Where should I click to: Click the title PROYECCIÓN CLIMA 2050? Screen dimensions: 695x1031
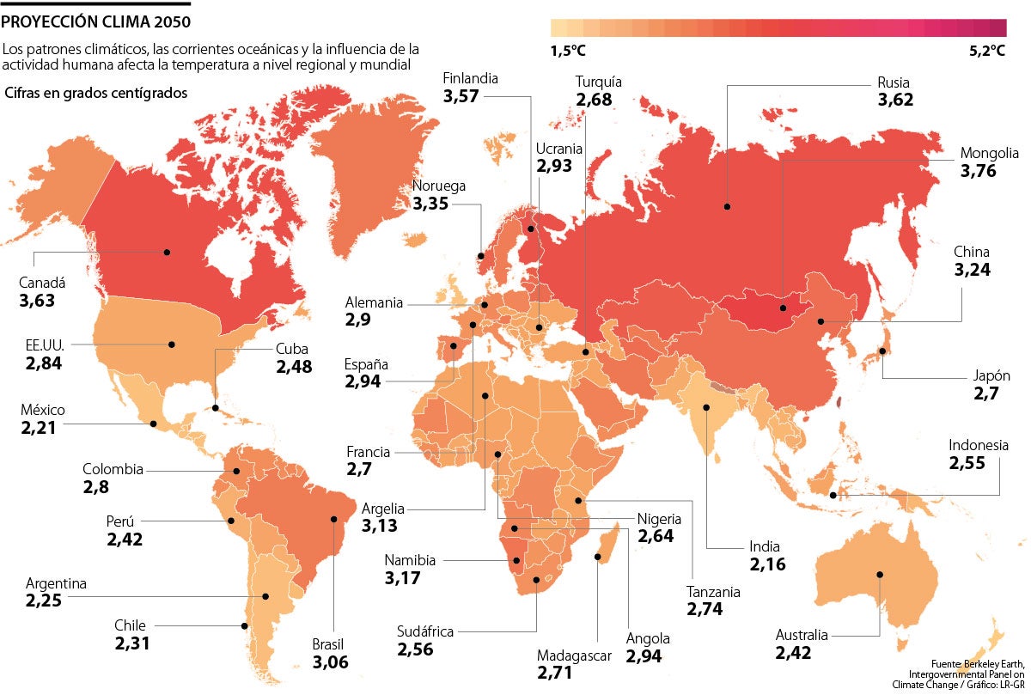click(x=97, y=21)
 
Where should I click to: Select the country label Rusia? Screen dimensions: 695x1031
click(x=894, y=82)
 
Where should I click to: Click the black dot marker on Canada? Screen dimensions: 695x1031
click(x=168, y=252)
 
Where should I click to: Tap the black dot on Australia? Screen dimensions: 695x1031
click(x=880, y=574)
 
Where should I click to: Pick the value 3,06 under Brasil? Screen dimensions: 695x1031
click(x=331, y=662)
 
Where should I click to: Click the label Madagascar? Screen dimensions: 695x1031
click(x=574, y=655)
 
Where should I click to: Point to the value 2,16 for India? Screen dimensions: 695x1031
click(x=767, y=564)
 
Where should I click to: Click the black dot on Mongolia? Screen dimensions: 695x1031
click(x=784, y=308)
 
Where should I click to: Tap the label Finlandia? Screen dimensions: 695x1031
click(x=471, y=78)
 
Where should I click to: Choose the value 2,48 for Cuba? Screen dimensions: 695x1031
click(x=294, y=367)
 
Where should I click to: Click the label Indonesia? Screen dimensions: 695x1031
click(x=978, y=445)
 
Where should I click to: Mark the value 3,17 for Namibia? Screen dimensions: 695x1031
click(x=403, y=578)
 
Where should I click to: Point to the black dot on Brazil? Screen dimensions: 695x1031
click(x=333, y=519)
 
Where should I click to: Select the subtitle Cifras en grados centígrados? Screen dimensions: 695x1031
click(x=95, y=92)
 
